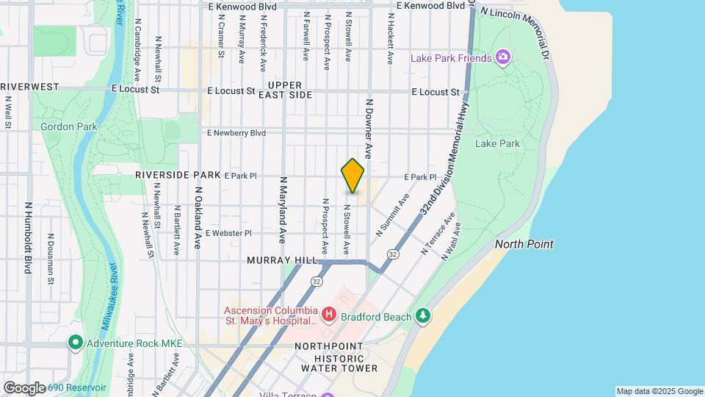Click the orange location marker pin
pyautogui.click(x=353, y=176)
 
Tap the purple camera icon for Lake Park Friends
pyautogui.click(x=503, y=57)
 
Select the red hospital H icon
pyautogui.click(x=329, y=315)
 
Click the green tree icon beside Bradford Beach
pyautogui.click(x=422, y=315)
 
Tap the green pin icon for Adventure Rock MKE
pyautogui.click(x=75, y=343)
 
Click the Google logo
pyautogui.click(x=23, y=388)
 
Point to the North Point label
pyautogui.click(x=524, y=244)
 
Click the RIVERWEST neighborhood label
pyautogui.click(x=29, y=87)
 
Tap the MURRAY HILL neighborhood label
pyautogui.click(x=282, y=260)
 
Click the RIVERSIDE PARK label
pyautogui.click(x=178, y=176)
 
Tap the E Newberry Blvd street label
pyautogui.click(x=236, y=133)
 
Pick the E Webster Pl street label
pyautogui.click(x=228, y=233)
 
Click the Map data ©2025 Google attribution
pyautogui.click(x=659, y=391)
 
